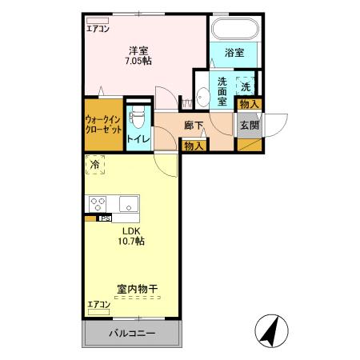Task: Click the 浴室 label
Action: (234, 53)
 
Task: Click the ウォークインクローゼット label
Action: (103, 124)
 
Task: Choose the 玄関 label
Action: (250, 125)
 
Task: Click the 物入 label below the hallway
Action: (194, 146)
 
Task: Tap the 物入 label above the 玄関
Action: (250, 105)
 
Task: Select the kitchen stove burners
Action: (98, 203)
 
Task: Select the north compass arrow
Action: (271, 330)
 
